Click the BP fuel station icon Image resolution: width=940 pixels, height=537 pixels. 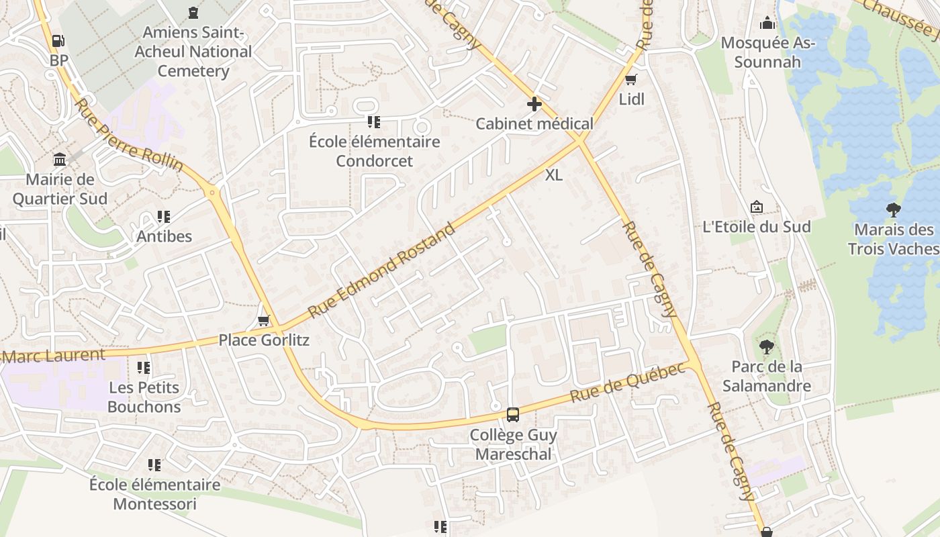pos(59,40)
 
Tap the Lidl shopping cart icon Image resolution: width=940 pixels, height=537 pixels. pos(630,81)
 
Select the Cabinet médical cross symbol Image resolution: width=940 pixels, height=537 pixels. pos(534,104)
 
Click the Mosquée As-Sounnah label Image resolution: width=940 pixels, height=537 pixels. pos(768,53)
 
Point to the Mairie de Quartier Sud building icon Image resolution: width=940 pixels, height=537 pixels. pos(60,160)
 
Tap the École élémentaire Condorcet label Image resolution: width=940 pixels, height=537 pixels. pos(375,151)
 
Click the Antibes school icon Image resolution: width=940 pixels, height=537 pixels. pos(164,217)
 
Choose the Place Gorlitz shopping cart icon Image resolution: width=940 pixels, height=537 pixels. pos(264,321)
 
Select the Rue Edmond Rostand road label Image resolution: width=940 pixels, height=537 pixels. pos(381,270)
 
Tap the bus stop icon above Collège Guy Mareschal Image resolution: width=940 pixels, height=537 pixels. pos(513,415)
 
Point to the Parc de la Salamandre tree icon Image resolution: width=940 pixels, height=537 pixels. pos(766,347)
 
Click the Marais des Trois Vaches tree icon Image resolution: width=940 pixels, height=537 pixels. pos(893,210)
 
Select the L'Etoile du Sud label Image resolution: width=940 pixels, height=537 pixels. pos(757,227)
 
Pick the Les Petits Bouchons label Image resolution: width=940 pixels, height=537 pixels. pos(144,397)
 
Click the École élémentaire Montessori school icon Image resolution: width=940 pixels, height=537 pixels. pos(154,465)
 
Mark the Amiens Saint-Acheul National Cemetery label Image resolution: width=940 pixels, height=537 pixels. pos(193,51)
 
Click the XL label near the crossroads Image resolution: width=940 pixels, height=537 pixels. pos(553,175)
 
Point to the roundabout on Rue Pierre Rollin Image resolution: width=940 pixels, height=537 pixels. pos(214,193)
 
